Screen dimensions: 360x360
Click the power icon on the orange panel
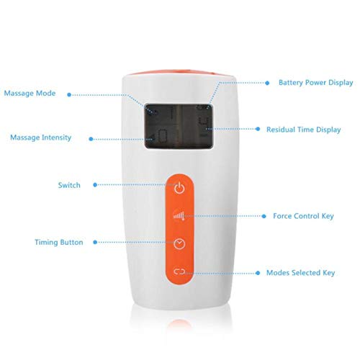pos(179,189)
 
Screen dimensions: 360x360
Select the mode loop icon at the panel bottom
pos(179,271)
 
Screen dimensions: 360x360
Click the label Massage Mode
pos(30,94)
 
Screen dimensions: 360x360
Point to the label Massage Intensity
pos(40,137)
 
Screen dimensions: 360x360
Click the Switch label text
pos(69,185)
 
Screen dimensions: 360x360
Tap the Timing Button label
pos(58,243)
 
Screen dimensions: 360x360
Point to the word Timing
pos(46,243)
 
